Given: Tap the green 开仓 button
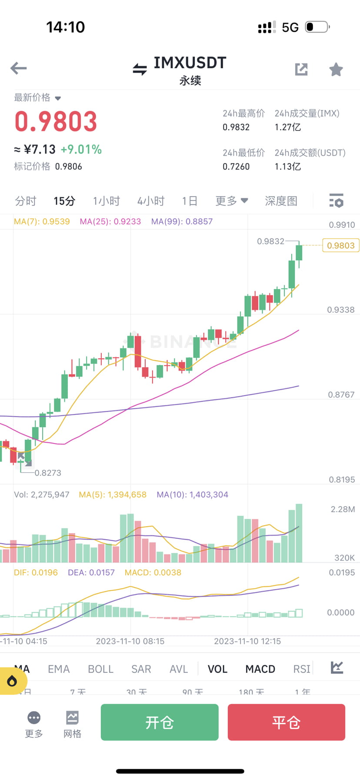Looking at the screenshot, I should (160, 722).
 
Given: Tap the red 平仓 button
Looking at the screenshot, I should (286, 722).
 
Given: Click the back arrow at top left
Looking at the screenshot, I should (19, 68).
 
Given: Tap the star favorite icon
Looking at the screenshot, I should (336, 69).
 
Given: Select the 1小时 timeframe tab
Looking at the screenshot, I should (106, 201).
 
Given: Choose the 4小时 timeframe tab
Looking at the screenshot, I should (151, 201).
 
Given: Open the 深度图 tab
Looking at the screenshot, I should (281, 201).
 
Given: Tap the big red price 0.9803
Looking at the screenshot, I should (56, 121).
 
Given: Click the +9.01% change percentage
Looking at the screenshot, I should (81, 150).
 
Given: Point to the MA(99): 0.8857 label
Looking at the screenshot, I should (182, 221).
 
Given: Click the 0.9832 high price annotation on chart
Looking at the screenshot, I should (270, 241).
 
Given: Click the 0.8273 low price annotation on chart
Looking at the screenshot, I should (48, 473).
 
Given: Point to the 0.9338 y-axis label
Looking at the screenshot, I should (340, 310).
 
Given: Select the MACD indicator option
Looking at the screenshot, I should (260, 669).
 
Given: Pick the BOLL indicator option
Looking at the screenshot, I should (100, 669).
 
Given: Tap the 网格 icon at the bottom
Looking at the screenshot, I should (72, 724).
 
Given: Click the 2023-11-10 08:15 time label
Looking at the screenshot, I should (130, 641).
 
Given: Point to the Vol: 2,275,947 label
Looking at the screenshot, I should (42, 494).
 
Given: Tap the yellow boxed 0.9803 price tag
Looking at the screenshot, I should (340, 246).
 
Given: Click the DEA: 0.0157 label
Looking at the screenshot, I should (91, 572).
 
